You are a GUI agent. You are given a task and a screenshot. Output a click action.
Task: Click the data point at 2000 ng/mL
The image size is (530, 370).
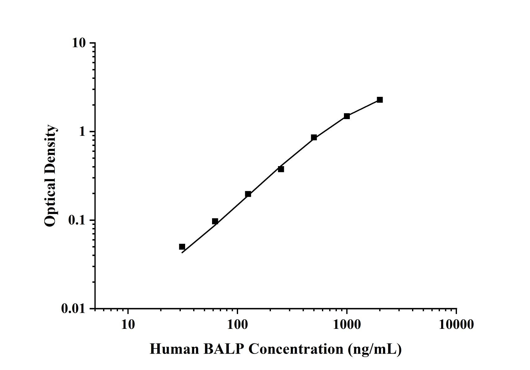pos(380,100)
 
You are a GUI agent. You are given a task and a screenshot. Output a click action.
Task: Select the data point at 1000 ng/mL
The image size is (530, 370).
pos(347,116)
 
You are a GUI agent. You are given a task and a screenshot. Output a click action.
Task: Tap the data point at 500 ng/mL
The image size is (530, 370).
pos(314,137)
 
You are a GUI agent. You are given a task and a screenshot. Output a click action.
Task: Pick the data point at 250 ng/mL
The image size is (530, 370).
pos(281,169)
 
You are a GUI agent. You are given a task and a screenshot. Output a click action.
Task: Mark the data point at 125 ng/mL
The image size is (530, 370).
pos(248,194)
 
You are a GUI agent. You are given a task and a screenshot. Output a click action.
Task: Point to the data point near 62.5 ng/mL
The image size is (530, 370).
pos(215,221)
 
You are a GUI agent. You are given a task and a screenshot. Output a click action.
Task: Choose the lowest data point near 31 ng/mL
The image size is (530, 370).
pos(182,247)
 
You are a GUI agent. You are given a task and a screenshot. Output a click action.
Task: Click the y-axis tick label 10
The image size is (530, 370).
pos(79,43)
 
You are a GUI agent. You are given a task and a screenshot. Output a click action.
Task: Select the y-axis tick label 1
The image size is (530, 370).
pos(82,132)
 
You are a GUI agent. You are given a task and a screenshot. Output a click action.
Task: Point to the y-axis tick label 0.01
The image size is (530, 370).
pos(73,308)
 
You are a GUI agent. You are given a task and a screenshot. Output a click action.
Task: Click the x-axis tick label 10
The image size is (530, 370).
pos(128,325)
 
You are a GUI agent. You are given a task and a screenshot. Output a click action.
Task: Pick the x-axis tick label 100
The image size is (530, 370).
pos(237,325)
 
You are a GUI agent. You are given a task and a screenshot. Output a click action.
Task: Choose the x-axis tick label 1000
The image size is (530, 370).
pos(346,325)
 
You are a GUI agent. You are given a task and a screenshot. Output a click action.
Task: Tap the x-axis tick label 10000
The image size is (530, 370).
pos(456,325)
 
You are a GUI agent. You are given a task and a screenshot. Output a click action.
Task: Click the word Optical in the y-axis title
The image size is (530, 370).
pos(50,204)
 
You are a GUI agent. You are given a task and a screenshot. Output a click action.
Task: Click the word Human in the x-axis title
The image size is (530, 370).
pos(174,349)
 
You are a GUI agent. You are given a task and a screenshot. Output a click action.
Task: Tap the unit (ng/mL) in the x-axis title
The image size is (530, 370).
pos(374,349)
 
